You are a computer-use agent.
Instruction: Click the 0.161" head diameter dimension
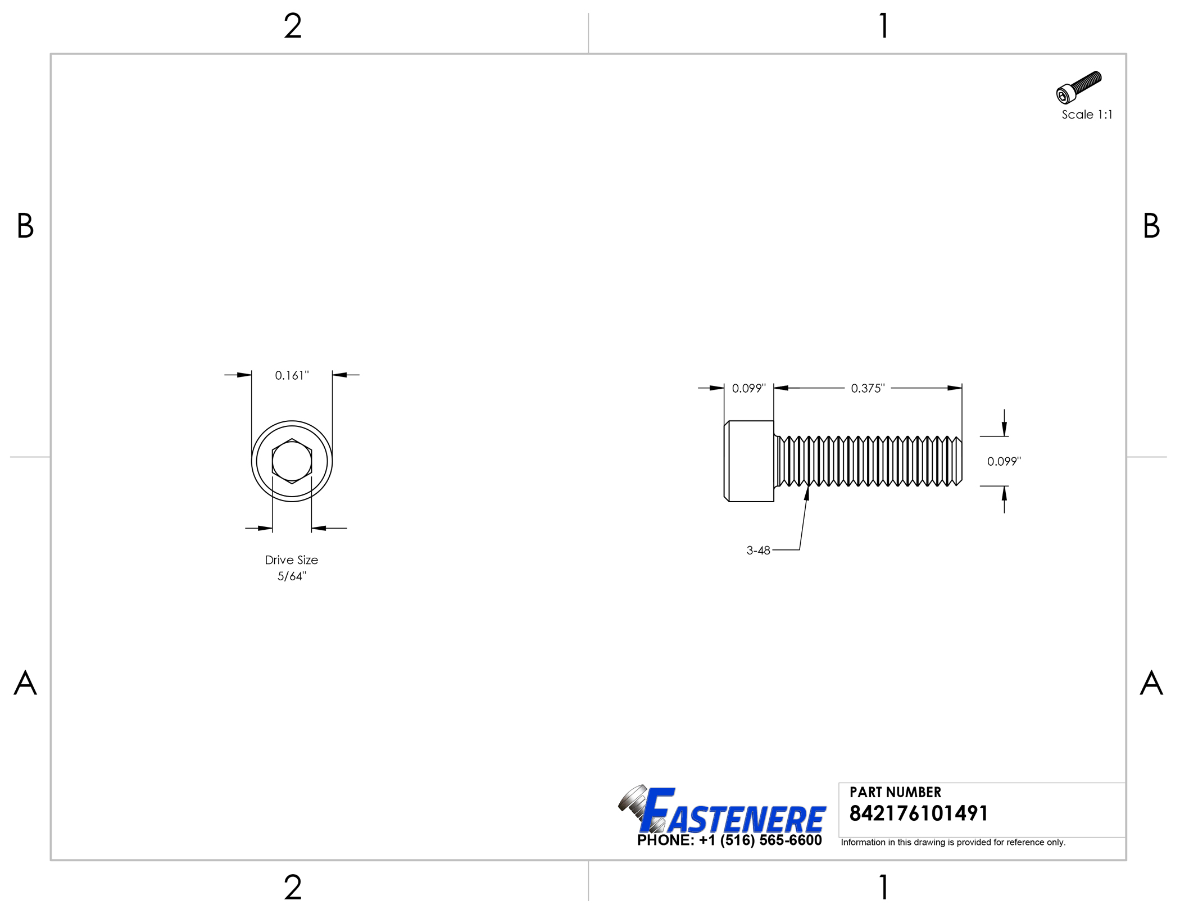coord(292,375)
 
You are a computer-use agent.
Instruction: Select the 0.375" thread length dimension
coord(867,388)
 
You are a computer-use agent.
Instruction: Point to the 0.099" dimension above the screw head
coord(748,388)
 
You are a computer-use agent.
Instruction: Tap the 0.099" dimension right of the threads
coord(1004,461)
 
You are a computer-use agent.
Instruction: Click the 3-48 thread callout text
coord(757,551)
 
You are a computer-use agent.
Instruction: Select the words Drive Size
coord(291,560)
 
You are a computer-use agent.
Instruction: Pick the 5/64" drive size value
coord(292,576)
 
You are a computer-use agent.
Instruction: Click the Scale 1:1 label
coord(1086,115)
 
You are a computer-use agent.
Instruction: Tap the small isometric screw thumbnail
coord(1078,87)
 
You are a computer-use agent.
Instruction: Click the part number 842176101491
coord(918,813)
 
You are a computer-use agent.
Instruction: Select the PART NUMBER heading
coord(895,792)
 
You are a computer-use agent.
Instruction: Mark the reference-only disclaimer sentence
coord(952,842)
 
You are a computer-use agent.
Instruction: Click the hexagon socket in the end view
coord(292,461)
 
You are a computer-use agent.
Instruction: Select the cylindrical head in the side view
coord(749,461)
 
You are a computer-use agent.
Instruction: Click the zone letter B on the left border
coord(25,226)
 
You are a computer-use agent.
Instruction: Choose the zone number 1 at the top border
coord(883,26)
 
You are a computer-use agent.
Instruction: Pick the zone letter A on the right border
coord(1151,683)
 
